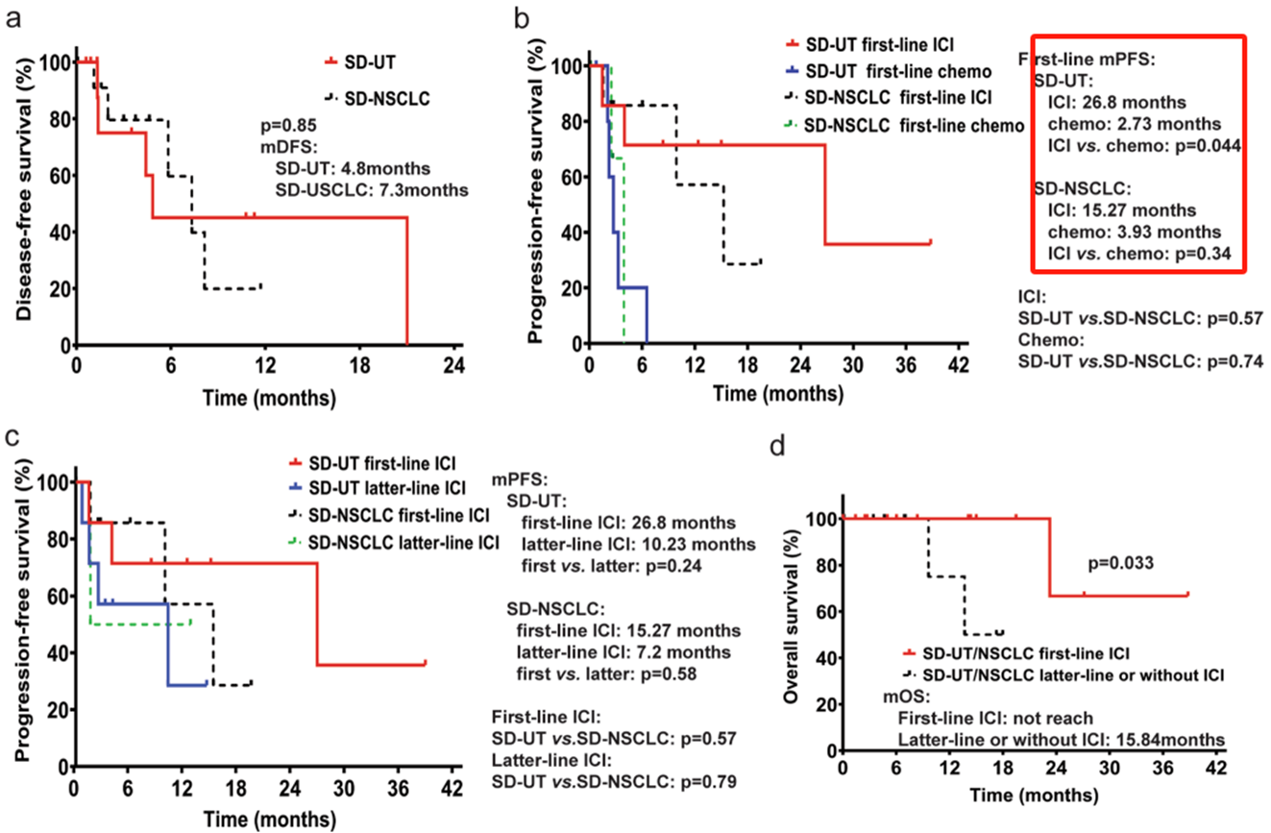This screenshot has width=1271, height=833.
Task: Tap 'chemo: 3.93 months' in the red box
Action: (x=1137, y=232)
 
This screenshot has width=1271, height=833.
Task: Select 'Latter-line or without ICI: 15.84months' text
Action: (x=1060, y=738)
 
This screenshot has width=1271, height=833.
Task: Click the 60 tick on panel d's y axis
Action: (x=823, y=611)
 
